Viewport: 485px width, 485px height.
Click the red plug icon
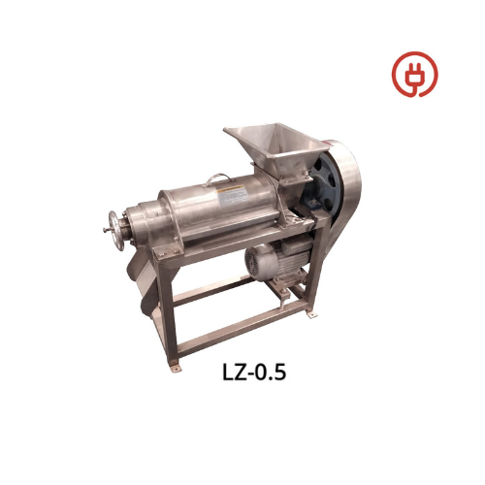(415, 74)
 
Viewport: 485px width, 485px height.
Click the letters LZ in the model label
(234, 372)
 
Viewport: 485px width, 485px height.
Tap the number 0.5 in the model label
(271, 372)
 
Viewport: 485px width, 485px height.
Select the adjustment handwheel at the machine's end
(116, 231)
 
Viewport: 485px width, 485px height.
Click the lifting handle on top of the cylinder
(218, 178)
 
